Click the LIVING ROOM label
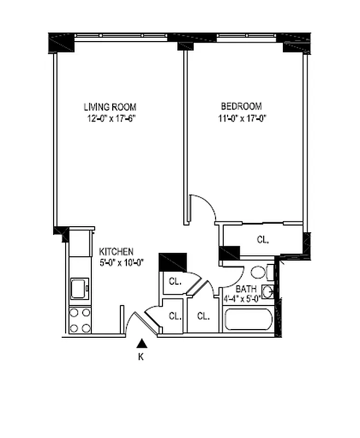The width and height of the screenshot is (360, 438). pyautogui.click(x=110, y=107)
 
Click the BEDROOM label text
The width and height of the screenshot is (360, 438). pyautogui.click(x=241, y=106)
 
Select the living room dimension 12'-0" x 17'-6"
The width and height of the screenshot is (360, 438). pyautogui.click(x=110, y=118)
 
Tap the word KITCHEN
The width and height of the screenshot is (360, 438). pyautogui.click(x=117, y=251)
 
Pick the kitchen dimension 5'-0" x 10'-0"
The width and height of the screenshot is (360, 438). pyautogui.click(x=121, y=262)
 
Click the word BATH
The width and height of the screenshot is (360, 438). pyautogui.click(x=244, y=289)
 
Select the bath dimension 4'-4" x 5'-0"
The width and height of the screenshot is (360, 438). pyautogui.click(x=241, y=299)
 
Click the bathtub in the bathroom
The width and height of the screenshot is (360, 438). pyautogui.click(x=248, y=320)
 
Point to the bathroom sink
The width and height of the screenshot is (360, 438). pyautogui.click(x=268, y=292)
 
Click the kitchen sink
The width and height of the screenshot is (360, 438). pyautogui.click(x=80, y=287)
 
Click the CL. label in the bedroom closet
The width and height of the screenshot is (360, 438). pyautogui.click(x=263, y=239)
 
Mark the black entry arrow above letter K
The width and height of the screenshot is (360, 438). pyautogui.click(x=142, y=344)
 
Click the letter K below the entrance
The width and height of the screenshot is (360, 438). pyautogui.click(x=141, y=357)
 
